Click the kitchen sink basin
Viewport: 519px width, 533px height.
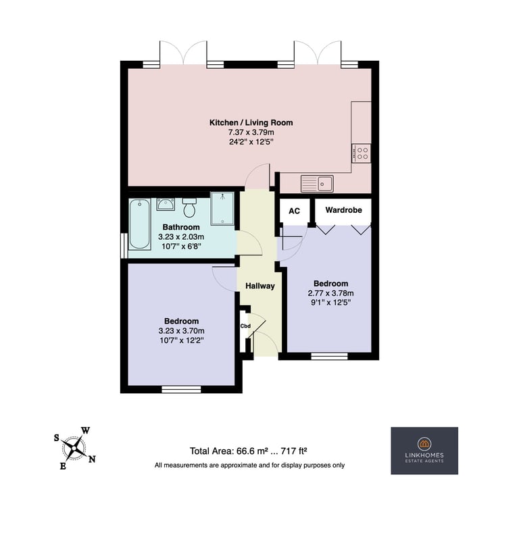(x=325, y=184)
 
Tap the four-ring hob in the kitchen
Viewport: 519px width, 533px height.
(x=361, y=153)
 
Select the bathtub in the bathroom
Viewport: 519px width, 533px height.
(x=139, y=224)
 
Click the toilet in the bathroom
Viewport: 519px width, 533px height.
(x=189, y=207)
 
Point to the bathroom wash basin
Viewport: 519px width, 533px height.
(x=166, y=204)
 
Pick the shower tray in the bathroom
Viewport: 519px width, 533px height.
(x=222, y=208)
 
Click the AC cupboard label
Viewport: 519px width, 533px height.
(x=294, y=211)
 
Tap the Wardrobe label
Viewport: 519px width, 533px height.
(x=343, y=210)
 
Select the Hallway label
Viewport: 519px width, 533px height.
(x=260, y=286)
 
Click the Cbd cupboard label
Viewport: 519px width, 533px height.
(x=245, y=326)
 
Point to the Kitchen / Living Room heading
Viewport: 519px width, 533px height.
(x=251, y=123)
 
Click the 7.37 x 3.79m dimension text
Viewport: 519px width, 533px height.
(x=251, y=132)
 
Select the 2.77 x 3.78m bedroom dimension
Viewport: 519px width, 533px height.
(x=330, y=293)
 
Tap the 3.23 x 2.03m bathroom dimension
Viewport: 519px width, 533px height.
(x=181, y=236)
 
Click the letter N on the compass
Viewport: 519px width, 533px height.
(x=92, y=459)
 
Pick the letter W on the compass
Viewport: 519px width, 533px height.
(x=85, y=431)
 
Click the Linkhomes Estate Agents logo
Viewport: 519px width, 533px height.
(x=424, y=451)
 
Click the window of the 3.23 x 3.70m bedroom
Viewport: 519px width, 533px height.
(x=181, y=390)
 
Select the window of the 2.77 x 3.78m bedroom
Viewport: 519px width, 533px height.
(x=329, y=356)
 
